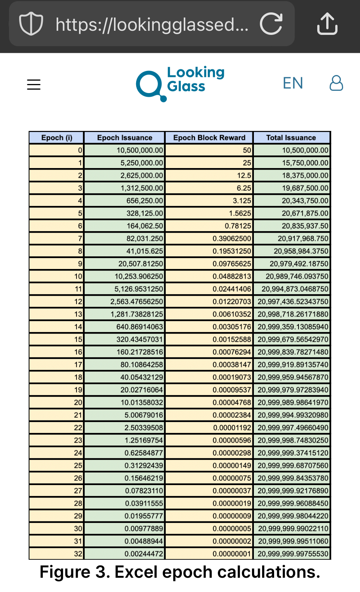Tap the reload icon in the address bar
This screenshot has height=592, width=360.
pyautogui.click(x=271, y=24)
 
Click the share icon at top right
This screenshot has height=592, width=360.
pyautogui.click(x=327, y=24)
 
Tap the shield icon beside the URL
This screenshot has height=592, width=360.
pyautogui.click(x=31, y=24)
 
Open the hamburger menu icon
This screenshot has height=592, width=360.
pyautogui.click(x=34, y=84)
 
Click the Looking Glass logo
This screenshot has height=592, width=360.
pyautogui.click(x=180, y=83)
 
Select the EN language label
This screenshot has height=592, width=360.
pyautogui.click(x=293, y=83)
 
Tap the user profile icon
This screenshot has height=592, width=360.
pyautogui.click(x=336, y=83)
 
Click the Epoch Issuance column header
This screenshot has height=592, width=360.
pyautogui.click(x=124, y=138)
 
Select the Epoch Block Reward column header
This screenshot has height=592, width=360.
pyautogui.click(x=209, y=138)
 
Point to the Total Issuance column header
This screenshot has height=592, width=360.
pyautogui.click(x=291, y=138)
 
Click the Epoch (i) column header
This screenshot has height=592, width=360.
pyautogui.click(x=57, y=138)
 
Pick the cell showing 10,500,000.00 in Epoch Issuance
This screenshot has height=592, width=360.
pyautogui.click(x=139, y=150)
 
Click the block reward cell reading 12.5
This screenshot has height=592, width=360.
pyautogui.click(x=244, y=176)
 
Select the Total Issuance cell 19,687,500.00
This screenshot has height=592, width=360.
pyautogui.click(x=305, y=188)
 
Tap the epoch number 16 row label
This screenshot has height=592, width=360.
pyautogui.click(x=78, y=352)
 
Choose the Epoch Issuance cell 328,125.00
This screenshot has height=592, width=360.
pyautogui.click(x=144, y=213)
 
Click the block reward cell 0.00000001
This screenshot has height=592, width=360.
pyautogui.click(x=231, y=554)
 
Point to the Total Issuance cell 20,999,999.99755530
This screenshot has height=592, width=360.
pyautogui.click(x=293, y=554)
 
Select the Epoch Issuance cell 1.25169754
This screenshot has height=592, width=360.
pyautogui.click(x=144, y=440)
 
